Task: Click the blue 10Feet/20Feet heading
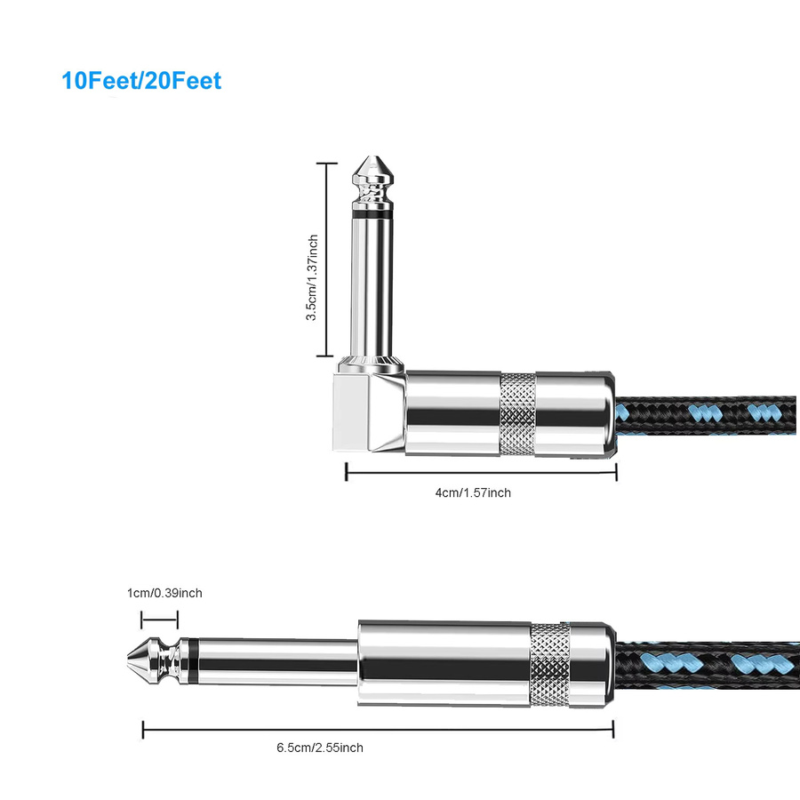141,81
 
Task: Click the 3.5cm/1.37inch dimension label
312,277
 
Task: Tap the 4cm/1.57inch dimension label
473,492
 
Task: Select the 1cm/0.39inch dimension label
164,593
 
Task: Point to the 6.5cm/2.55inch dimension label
320,748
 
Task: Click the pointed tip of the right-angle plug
373,156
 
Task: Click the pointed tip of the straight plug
128,660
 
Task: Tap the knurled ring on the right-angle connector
517,413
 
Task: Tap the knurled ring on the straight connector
549,664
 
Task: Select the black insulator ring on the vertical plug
373,215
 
